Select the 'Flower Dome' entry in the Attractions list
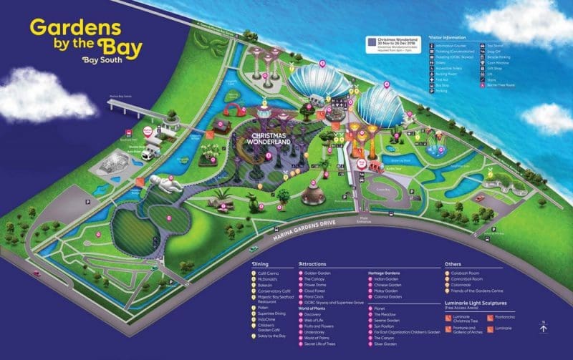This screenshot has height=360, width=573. pos(317,286)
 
